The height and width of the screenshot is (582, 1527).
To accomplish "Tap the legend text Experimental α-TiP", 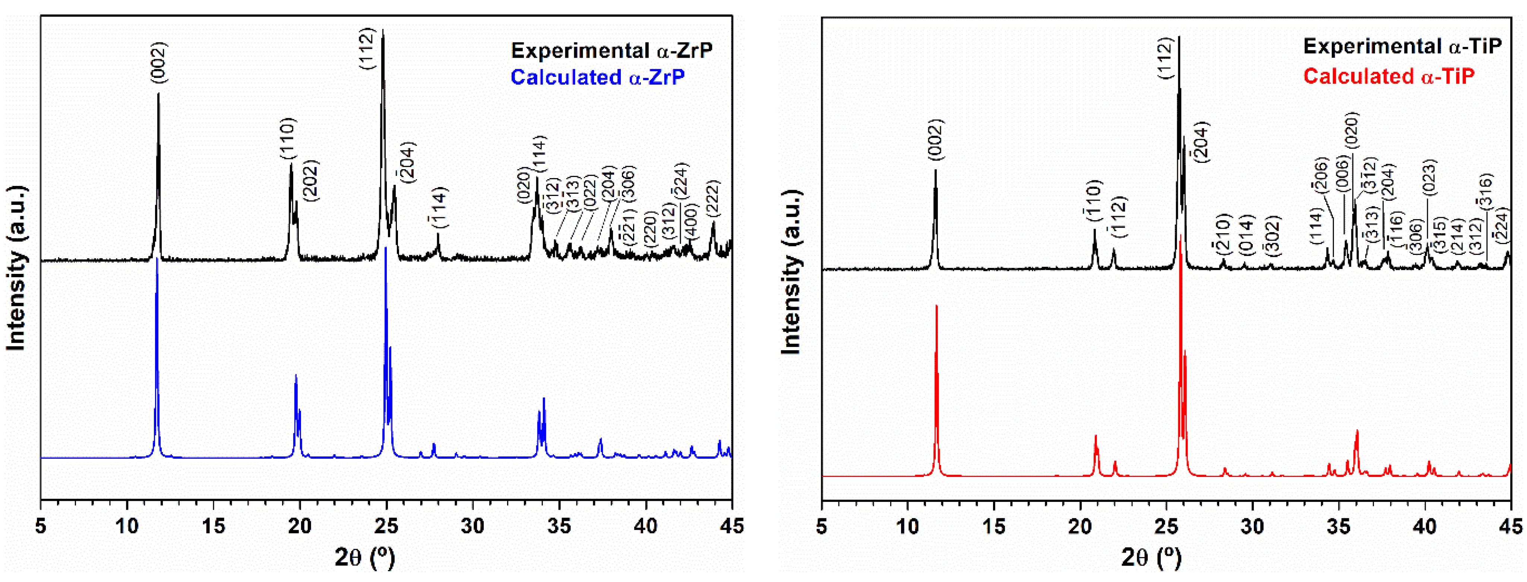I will click(1402, 46).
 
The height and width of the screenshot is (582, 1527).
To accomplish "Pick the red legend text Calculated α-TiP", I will click(1388, 76).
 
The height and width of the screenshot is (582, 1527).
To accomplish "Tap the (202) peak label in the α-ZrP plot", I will click(311, 180).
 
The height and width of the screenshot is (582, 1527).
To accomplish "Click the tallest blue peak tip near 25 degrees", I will click(386, 248).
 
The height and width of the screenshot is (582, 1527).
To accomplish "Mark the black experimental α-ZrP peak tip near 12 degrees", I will click(158, 94).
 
